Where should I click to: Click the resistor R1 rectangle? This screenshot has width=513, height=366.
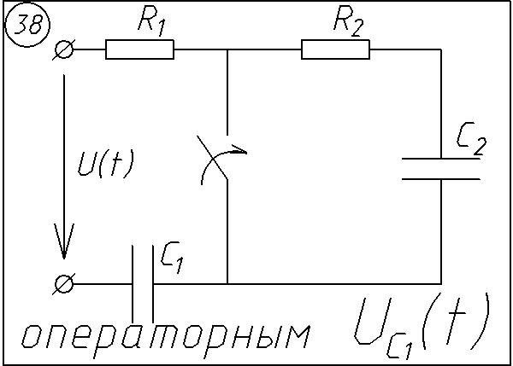[139, 50]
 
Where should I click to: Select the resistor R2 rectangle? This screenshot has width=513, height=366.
[336, 50]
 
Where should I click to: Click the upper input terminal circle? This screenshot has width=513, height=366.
[63, 50]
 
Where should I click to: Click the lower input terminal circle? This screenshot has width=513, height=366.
[63, 283]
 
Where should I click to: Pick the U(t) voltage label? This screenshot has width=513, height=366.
[105, 163]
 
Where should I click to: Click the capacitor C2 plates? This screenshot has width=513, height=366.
[441, 168]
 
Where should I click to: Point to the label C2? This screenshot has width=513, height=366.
[471, 138]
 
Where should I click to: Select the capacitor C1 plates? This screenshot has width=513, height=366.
[142, 283]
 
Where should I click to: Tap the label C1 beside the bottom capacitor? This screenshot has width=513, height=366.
[172, 259]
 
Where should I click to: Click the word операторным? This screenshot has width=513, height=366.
[163, 336]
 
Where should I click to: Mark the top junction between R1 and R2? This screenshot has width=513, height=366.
[227, 50]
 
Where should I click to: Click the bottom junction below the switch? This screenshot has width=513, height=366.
[227, 283]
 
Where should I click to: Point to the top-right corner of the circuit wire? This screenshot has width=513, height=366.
[441, 50]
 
